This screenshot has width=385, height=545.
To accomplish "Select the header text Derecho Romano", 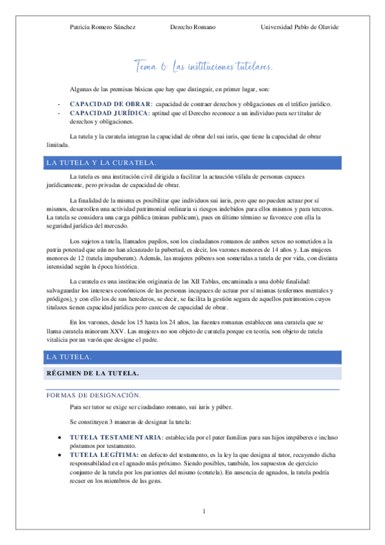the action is pyautogui.click(x=193, y=27).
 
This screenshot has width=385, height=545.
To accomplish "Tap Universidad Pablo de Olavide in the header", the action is pyautogui.click(x=300, y=27).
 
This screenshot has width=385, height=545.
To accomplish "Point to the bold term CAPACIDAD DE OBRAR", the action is pyautogui.click(x=111, y=104).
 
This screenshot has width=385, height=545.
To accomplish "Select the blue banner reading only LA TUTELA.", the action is pyautogui.click(x=69, y=356).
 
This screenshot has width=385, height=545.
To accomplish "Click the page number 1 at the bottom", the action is pyautogui.click(x=203, y=512).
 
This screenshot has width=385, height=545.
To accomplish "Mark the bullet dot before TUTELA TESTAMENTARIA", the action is pyautogui.click(x=60, y=438).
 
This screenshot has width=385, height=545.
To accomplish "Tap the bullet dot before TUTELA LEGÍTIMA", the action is pyautogui.click(x=60, y=455).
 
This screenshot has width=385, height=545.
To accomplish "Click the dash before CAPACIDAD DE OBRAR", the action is pyautogui.click(x=59, y=104).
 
